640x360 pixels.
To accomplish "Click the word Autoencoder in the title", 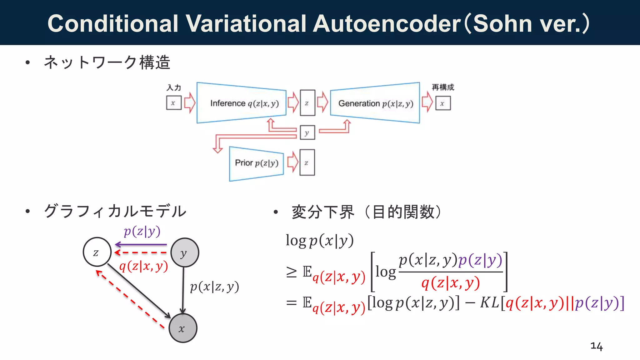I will tap(387, 24).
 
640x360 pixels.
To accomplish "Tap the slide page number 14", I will tap(596, 346).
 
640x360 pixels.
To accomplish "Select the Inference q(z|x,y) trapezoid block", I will tap(242, 103).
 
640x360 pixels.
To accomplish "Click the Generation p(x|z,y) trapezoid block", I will tap(375, 103).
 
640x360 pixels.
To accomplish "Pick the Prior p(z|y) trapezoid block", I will tap(256, 163).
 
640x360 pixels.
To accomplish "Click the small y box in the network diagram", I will tap(307, 132).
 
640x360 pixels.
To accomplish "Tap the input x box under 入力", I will tap(174, 103).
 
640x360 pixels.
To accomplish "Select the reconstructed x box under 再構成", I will tap(443, 103).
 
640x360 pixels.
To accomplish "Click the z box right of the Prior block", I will tap(307, 162).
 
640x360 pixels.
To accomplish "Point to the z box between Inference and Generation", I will tap(307, 103).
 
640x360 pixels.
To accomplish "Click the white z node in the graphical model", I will tap(97, 252).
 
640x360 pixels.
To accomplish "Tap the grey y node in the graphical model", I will tap(184, 252).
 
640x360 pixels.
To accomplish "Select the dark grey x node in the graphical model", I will tap(183, 328).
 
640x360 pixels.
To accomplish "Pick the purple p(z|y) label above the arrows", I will tap(142, 232).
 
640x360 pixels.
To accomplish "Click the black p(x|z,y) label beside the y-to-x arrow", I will tap(214, 287).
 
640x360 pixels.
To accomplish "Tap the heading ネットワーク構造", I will tap(107, 62).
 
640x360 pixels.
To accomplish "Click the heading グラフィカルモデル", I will tap(115, 211).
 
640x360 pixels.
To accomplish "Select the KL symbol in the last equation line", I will tap(489, 302).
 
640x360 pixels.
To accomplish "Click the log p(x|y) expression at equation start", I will tap(320, 241).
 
